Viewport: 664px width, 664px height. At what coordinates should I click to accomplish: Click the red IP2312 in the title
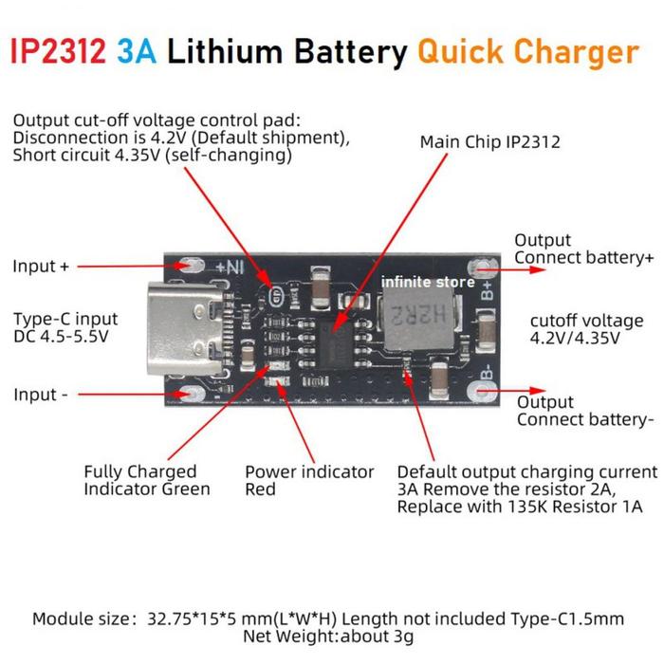click(x=58, y=51)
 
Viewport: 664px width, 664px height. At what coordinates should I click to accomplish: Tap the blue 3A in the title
click(x=137, y=51)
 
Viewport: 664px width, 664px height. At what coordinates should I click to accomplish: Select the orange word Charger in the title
click(x=577, y=52)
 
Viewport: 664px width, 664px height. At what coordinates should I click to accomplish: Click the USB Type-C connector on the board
click(x=186, y=329)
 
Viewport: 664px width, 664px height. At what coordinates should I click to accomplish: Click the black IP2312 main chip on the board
click(x=336, y=343)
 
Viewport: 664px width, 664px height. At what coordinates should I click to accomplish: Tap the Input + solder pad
click(x=192, y=266)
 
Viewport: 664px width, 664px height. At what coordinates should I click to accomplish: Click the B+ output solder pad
click(x=479, y=267)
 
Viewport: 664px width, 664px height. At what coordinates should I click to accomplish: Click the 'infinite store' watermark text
click(x=428, y=282)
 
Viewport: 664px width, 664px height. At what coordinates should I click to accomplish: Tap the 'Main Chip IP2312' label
click(x=490, y=142)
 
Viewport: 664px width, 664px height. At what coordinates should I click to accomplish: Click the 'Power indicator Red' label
click(x=309, y=480)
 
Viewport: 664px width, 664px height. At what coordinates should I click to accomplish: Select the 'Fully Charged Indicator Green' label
click(x=146, y=480)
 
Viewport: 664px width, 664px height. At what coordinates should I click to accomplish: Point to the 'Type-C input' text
click(x=65, y=319)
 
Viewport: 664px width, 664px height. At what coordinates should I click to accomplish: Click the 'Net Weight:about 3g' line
click(x=328, y=636)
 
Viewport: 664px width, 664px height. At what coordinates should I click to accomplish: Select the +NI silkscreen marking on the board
click(x=230, y=267)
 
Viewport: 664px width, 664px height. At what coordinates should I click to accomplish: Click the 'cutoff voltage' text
click(x=586, y=321)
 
